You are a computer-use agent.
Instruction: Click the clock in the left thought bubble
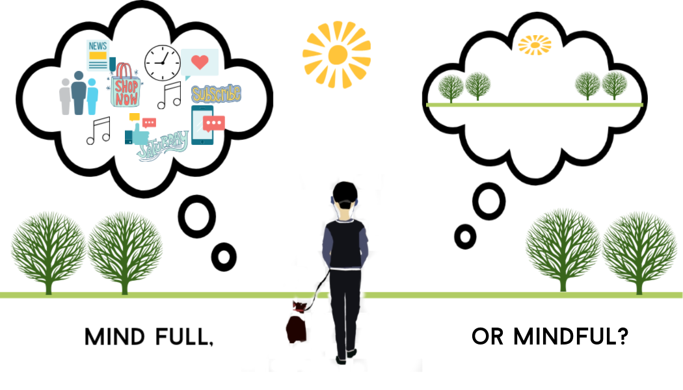[x=162, y=62]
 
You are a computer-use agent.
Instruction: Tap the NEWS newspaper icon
[x=98, y=55]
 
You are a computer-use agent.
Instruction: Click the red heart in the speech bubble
[x=200, y=63]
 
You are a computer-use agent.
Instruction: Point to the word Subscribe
[x=216, y=94]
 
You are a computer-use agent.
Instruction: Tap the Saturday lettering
[x=163, y=144]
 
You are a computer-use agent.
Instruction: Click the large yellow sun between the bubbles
[x=336, y=55]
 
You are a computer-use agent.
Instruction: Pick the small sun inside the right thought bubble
[x=534, y=44]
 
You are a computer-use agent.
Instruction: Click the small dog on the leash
[x=298, y=321]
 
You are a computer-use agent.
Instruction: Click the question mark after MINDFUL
[x=621, y=337]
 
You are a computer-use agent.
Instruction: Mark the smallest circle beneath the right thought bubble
[x=465, y=236]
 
